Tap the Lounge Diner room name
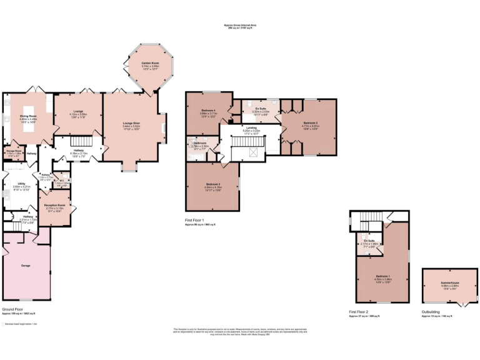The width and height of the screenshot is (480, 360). pyautogui.click(x=131, y=124)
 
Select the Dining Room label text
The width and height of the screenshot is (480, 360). pyautogui.click(x=27, y=116)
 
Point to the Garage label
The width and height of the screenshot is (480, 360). pyautogui.click(x=26, y=266)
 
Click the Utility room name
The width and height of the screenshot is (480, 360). pyautogui.click(x=21, y=184)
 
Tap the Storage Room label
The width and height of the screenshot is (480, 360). pyautogui.click(x=14, y=151)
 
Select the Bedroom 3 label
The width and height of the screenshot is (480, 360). pyautogui.click(x=213, y=184)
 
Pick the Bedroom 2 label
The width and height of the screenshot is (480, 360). pyautogui.click(x=311, y=123)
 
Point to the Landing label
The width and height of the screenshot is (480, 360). pyautogui.click(x=251, y=127)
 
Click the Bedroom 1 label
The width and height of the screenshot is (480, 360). pyautogui.click(x=384, y=276)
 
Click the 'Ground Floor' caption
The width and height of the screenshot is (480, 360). pyautogui.click(x=13, y=309)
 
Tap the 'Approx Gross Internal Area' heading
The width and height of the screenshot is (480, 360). pyautogui.click(x=241, y=25)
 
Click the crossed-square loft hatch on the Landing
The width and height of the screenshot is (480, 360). pyautogui.click(x=253, y=152)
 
